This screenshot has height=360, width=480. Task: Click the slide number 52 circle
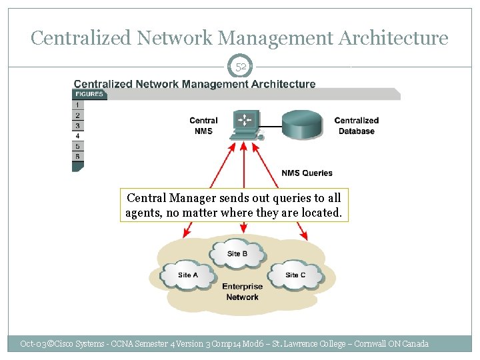(x=241, y=67)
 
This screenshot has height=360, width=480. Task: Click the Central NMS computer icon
(x=244, y=125)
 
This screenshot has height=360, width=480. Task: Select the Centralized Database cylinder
(x=305, y=124)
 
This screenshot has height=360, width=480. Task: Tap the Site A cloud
(x=187, y=275)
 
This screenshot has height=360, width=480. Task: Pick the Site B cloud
(x=237, y=253)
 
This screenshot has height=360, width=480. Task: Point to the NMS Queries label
(x=307, y=173)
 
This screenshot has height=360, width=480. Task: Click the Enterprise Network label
(x=242, y=292)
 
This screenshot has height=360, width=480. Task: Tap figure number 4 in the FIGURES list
(x=78, y=136)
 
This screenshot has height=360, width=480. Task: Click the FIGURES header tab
(x=89, y=94)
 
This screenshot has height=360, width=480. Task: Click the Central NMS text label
(x=203, y=126)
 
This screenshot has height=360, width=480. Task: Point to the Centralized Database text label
(x=356, y=126)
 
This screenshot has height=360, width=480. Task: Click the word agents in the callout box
(x=143, y=213)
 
